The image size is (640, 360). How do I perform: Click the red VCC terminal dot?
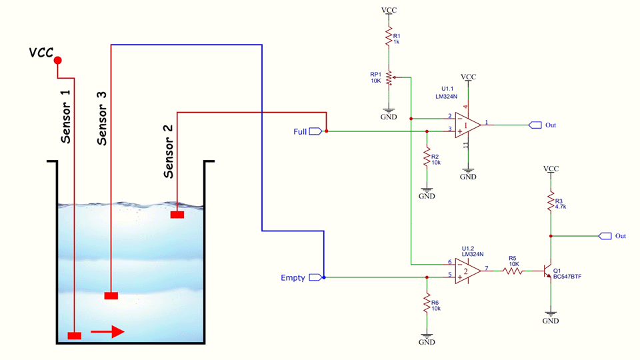[57, 60]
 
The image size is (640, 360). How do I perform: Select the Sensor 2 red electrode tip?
[177, 215]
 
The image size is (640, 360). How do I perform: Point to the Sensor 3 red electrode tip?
[111, 295]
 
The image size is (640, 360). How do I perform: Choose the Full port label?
[301, 131]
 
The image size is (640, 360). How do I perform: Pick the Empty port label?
[293, 278]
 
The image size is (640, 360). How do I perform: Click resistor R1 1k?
[387, 37]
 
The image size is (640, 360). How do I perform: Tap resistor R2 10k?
[427, 158]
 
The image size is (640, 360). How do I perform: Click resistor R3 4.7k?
[551, 203]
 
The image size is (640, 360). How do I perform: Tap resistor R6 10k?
[427, 305]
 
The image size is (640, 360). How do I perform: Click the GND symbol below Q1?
[551, 316]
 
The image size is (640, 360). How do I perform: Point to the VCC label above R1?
[387, 10]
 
